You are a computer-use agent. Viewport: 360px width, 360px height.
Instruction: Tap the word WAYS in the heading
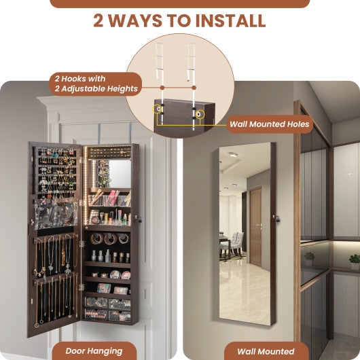coord(139,20)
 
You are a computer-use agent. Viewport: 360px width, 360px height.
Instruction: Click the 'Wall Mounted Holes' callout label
coord(269,124)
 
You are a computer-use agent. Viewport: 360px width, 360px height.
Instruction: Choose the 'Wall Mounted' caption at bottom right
coord(266,351)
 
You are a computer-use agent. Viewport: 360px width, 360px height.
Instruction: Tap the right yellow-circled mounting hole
coord(199,113)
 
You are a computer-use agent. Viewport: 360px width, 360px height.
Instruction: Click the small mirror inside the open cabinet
coord(120,173)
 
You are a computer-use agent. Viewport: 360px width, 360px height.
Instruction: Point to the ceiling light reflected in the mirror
coord(232,155)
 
